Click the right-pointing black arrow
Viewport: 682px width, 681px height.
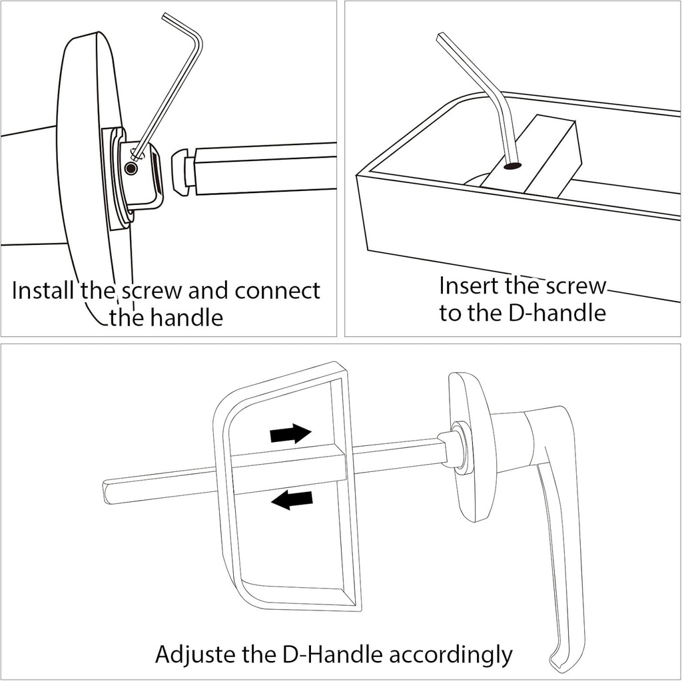290,434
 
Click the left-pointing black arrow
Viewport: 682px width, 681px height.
292,499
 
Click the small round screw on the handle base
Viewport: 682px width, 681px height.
131,170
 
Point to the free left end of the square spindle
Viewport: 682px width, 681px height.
110,491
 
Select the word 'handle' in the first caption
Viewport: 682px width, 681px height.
189,318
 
